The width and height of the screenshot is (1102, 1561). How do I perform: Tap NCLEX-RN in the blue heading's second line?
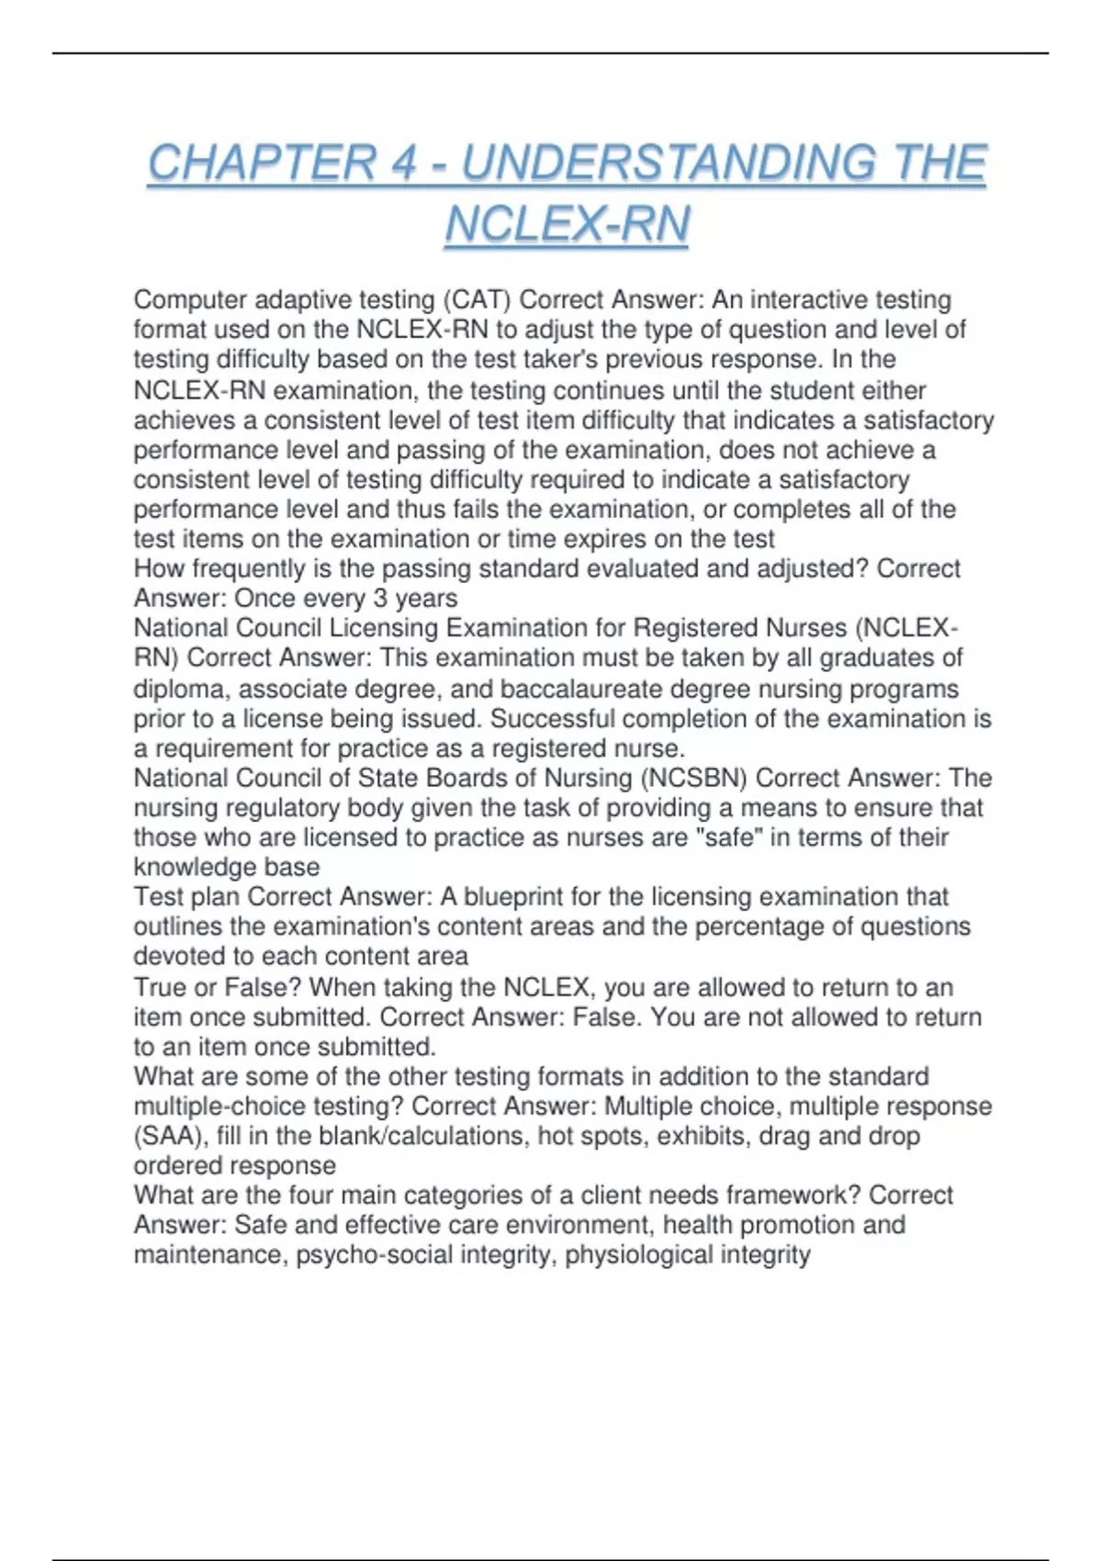click(567, 225)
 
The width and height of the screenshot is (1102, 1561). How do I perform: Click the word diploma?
click(182, 689)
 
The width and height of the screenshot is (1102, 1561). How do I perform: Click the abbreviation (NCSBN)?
click(694, 779)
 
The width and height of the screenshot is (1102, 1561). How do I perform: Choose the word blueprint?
click(505, 896)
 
